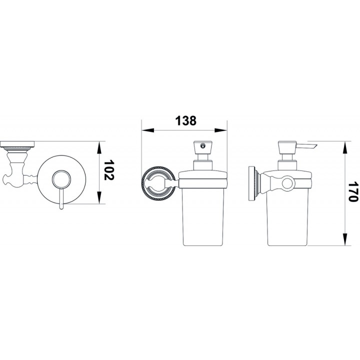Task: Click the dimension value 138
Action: [x=186, y=121]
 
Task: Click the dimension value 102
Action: [x=109, y=170]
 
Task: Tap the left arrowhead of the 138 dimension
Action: [x=147, y=130]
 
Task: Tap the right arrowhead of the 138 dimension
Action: [x=221, y=130]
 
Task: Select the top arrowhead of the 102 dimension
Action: [x=99, y=147]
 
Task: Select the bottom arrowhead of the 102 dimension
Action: [x=99, y=197]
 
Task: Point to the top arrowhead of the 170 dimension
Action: [x=345, y=147]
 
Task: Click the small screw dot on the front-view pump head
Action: [x=202, y=145]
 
